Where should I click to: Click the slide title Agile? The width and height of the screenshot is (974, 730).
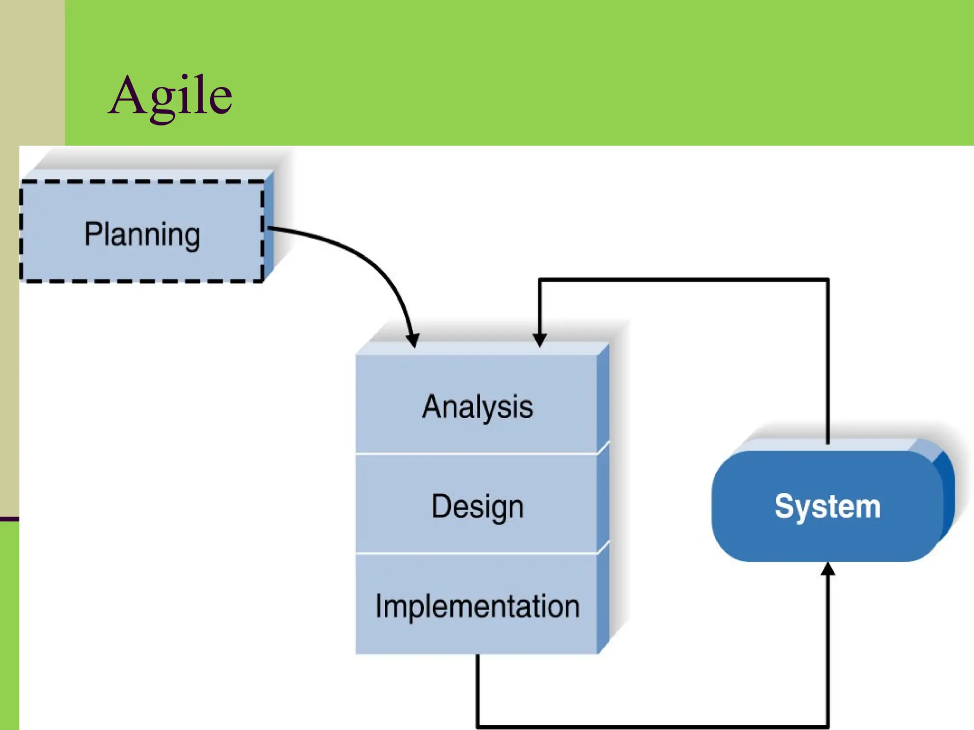coord(170,96)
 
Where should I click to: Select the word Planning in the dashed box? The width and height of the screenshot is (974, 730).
coord(142,234)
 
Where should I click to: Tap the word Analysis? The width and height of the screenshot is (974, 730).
coord(477,407)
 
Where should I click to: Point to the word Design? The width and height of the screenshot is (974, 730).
coord(477,506)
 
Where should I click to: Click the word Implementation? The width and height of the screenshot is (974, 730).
coord(477,606)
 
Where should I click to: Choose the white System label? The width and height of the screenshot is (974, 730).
coord(828,506)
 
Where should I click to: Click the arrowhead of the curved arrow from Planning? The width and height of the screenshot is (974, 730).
coord(413,340)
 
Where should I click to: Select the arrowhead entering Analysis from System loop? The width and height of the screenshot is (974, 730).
coord(539,340)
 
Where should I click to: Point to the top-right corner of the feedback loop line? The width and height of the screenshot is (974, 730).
coord(828,280)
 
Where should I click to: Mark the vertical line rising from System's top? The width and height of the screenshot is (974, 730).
coord(828,361)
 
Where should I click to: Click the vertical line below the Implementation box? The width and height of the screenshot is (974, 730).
coord(477,689)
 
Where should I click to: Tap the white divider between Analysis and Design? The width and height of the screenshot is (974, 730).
coord(476,454)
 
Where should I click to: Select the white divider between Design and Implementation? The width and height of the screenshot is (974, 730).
coord(476,553)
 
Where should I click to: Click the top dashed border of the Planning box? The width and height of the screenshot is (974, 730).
coord(142,182)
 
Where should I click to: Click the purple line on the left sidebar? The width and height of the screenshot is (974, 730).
coord(10,519)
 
